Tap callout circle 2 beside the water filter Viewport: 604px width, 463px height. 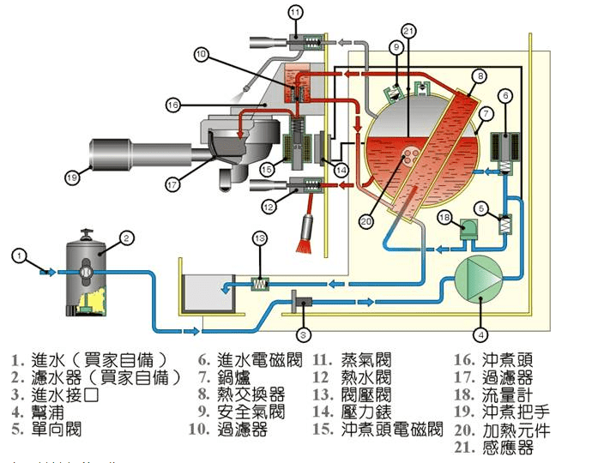tap(125, 238)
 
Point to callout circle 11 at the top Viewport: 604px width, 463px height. tap(296, 12)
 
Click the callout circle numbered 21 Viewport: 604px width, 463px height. tap(409, 32)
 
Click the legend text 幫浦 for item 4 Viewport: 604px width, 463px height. tap(49, 410)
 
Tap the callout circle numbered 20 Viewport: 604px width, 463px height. tap(366, 220)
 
